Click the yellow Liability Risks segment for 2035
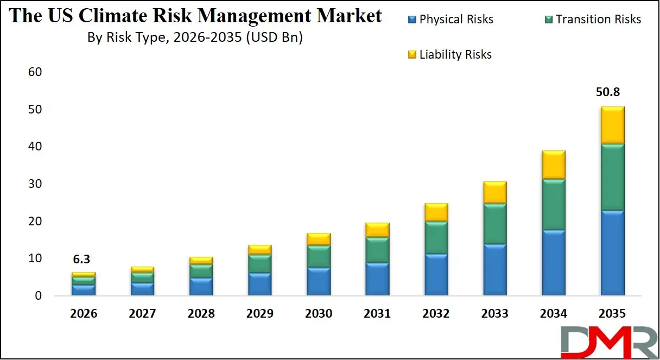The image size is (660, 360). [612, 125]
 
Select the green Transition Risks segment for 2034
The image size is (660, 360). [554, 204]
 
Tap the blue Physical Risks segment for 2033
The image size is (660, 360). [495, 270]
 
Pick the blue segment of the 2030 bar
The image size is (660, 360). [319, 281]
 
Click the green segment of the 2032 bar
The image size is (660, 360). [436, 237]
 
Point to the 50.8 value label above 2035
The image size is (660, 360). [612, 93]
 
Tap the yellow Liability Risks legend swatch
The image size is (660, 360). [412, 55]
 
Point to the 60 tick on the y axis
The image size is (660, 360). [34, 72]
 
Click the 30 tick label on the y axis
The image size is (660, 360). [34, 184]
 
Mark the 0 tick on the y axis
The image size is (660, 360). [38, 296]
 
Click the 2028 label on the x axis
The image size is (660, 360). [201, 314]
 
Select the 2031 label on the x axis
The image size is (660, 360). [378, 314]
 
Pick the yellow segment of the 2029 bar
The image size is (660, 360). [260, 249]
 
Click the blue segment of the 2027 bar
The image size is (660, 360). [143, 289]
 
